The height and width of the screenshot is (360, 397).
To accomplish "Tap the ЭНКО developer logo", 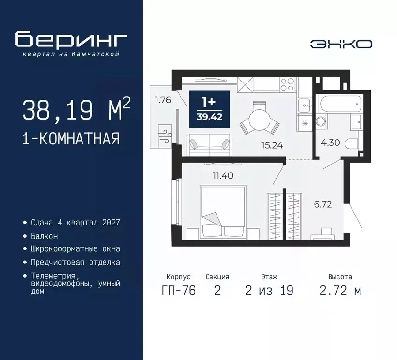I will tap(341, 44).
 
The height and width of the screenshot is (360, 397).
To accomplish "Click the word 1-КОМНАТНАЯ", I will tap(70, 139).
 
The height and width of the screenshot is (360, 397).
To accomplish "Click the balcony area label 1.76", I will tap(162, 99).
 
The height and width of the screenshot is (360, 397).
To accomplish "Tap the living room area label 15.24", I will tap(272, 145).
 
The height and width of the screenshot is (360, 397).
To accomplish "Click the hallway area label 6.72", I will tap(322, 204).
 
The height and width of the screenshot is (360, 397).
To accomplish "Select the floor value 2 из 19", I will tap(269, 291).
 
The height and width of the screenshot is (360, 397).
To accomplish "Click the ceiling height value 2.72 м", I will tap(340, 291).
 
